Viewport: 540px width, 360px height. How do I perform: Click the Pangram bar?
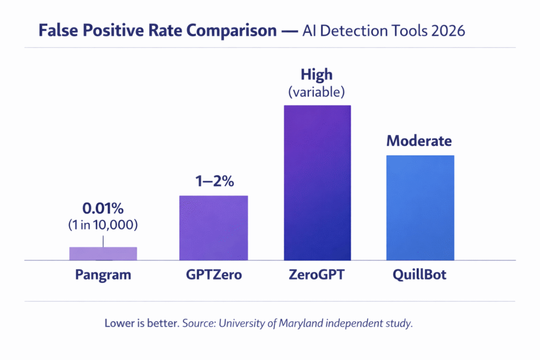[103, 254]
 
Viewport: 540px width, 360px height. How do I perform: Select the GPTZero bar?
[213, 228]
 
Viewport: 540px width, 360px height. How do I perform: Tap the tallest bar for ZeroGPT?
[317, 182]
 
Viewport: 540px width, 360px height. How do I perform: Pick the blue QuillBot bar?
[420, 208]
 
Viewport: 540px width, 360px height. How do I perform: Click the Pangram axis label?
[103, 275]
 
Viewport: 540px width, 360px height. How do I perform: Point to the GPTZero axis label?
[213, 275]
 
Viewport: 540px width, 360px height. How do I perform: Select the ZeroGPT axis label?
[317, 275]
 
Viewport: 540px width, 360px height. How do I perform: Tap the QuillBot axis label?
[420, 275]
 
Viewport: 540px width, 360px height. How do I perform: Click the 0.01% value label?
[103, 209]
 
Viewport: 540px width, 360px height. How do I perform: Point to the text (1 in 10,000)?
[103, 225]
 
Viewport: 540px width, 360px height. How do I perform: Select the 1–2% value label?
[213, 182]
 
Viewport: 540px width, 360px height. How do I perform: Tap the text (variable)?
[316, 93]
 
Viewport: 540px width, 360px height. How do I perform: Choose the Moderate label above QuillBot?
[419, 141]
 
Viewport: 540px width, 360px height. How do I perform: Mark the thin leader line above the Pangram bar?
[103, 240]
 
